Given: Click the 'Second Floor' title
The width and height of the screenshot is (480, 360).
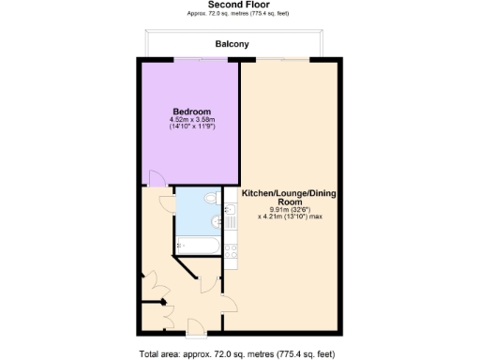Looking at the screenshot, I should (239, 5).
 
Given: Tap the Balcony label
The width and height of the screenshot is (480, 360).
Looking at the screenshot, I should (231, 44).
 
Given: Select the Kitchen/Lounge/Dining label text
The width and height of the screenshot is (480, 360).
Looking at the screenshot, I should (289, 198).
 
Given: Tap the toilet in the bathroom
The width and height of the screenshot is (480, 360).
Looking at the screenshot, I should (209, 201).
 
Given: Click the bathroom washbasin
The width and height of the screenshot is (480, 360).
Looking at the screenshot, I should (217, 222).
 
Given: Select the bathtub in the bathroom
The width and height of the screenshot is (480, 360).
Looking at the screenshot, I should (198, 246).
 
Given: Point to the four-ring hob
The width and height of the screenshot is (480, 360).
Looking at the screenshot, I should (232, 249).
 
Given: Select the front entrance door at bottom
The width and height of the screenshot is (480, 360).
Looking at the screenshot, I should (196, 326).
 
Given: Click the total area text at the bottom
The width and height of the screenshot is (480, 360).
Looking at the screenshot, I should (236, 353).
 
